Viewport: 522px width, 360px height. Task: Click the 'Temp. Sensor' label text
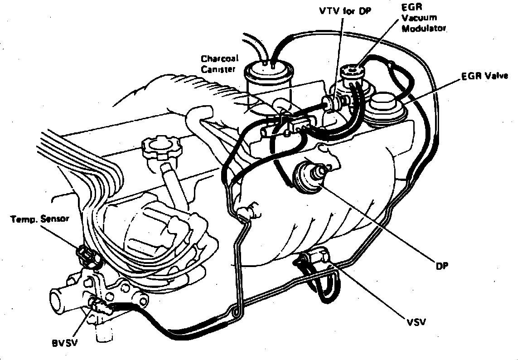pos(40,219)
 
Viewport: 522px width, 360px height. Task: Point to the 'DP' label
pos(442,266)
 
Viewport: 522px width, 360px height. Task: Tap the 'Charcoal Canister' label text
pos(220,64)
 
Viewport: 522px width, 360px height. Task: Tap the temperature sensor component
pos(87,255)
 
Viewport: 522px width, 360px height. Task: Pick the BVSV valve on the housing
pos(97,305)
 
